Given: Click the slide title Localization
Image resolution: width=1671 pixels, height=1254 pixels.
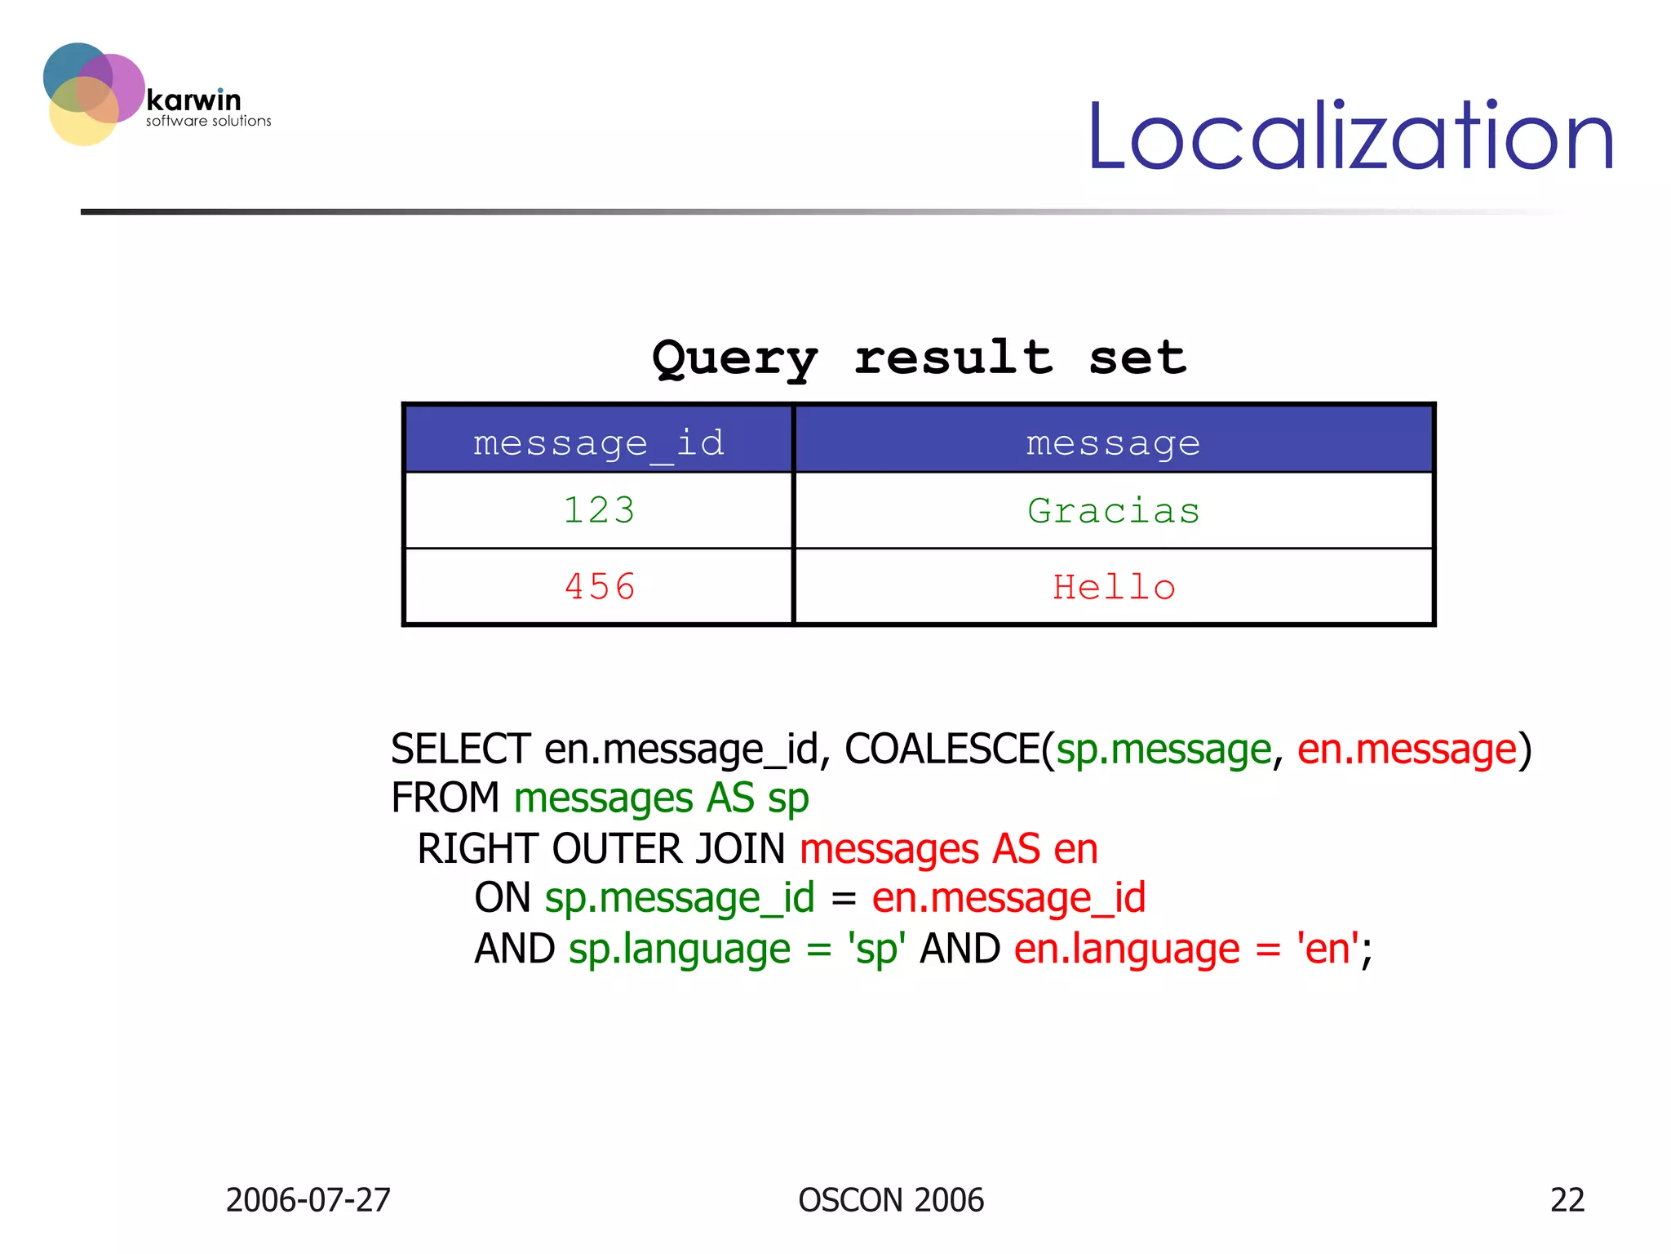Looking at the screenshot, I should tap(1350, 136).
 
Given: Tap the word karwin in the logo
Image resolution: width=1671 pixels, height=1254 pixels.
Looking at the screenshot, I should tap(193, 100).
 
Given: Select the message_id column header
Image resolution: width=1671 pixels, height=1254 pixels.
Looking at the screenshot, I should tap(598, 443).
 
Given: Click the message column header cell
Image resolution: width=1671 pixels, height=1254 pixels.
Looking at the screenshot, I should tap(1113, 443).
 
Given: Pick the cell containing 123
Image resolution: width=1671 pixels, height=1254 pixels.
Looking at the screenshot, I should tap(598, 511).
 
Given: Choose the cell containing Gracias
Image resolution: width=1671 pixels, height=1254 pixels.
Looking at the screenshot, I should tap(1113, 511).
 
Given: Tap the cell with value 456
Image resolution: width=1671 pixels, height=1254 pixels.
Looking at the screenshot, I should tap(598, 587).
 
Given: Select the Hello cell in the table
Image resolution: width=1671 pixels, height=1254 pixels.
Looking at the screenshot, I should tap(1113, 587).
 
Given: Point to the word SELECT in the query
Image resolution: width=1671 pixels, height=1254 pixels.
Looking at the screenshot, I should tap(460, 749).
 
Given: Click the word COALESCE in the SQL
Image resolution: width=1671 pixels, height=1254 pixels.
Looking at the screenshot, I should tap(942, 749).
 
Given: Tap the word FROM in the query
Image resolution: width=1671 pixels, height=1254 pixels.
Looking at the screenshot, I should tap(445, 798).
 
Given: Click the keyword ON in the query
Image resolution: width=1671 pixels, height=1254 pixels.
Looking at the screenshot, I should tap(503, 898).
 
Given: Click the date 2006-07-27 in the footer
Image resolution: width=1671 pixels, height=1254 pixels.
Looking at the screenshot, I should tap(308, 1200).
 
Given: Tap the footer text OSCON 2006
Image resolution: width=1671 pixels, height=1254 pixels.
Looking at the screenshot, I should tap(891, 1200).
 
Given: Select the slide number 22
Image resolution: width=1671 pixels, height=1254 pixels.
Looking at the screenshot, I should tap(1567, 1200).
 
